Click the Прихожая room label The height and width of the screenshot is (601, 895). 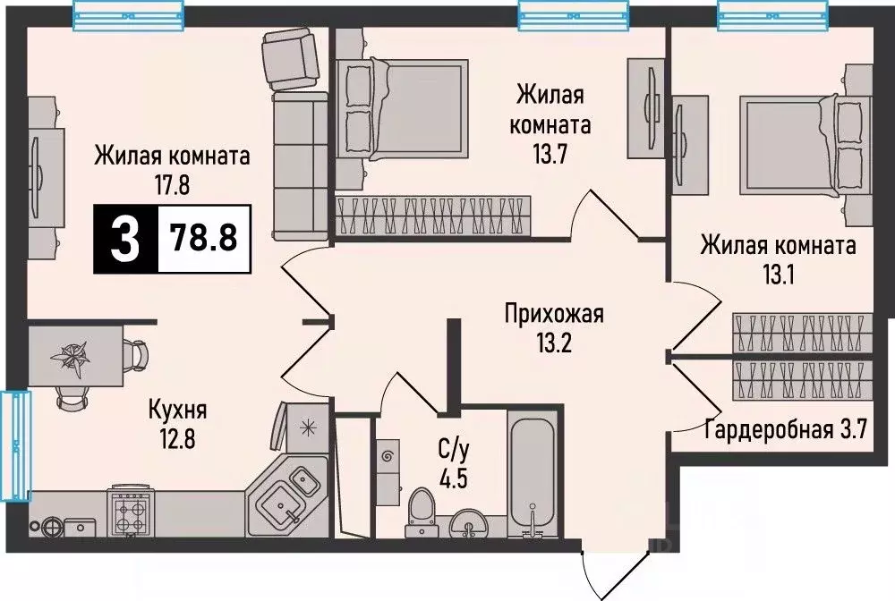[x=554, y=314]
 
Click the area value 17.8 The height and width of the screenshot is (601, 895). [x=171, y=184]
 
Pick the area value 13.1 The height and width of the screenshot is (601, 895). [x=778, y=273]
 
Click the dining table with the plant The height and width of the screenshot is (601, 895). [x=76, y=357]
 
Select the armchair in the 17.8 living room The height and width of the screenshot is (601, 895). [x=288, y=59]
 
